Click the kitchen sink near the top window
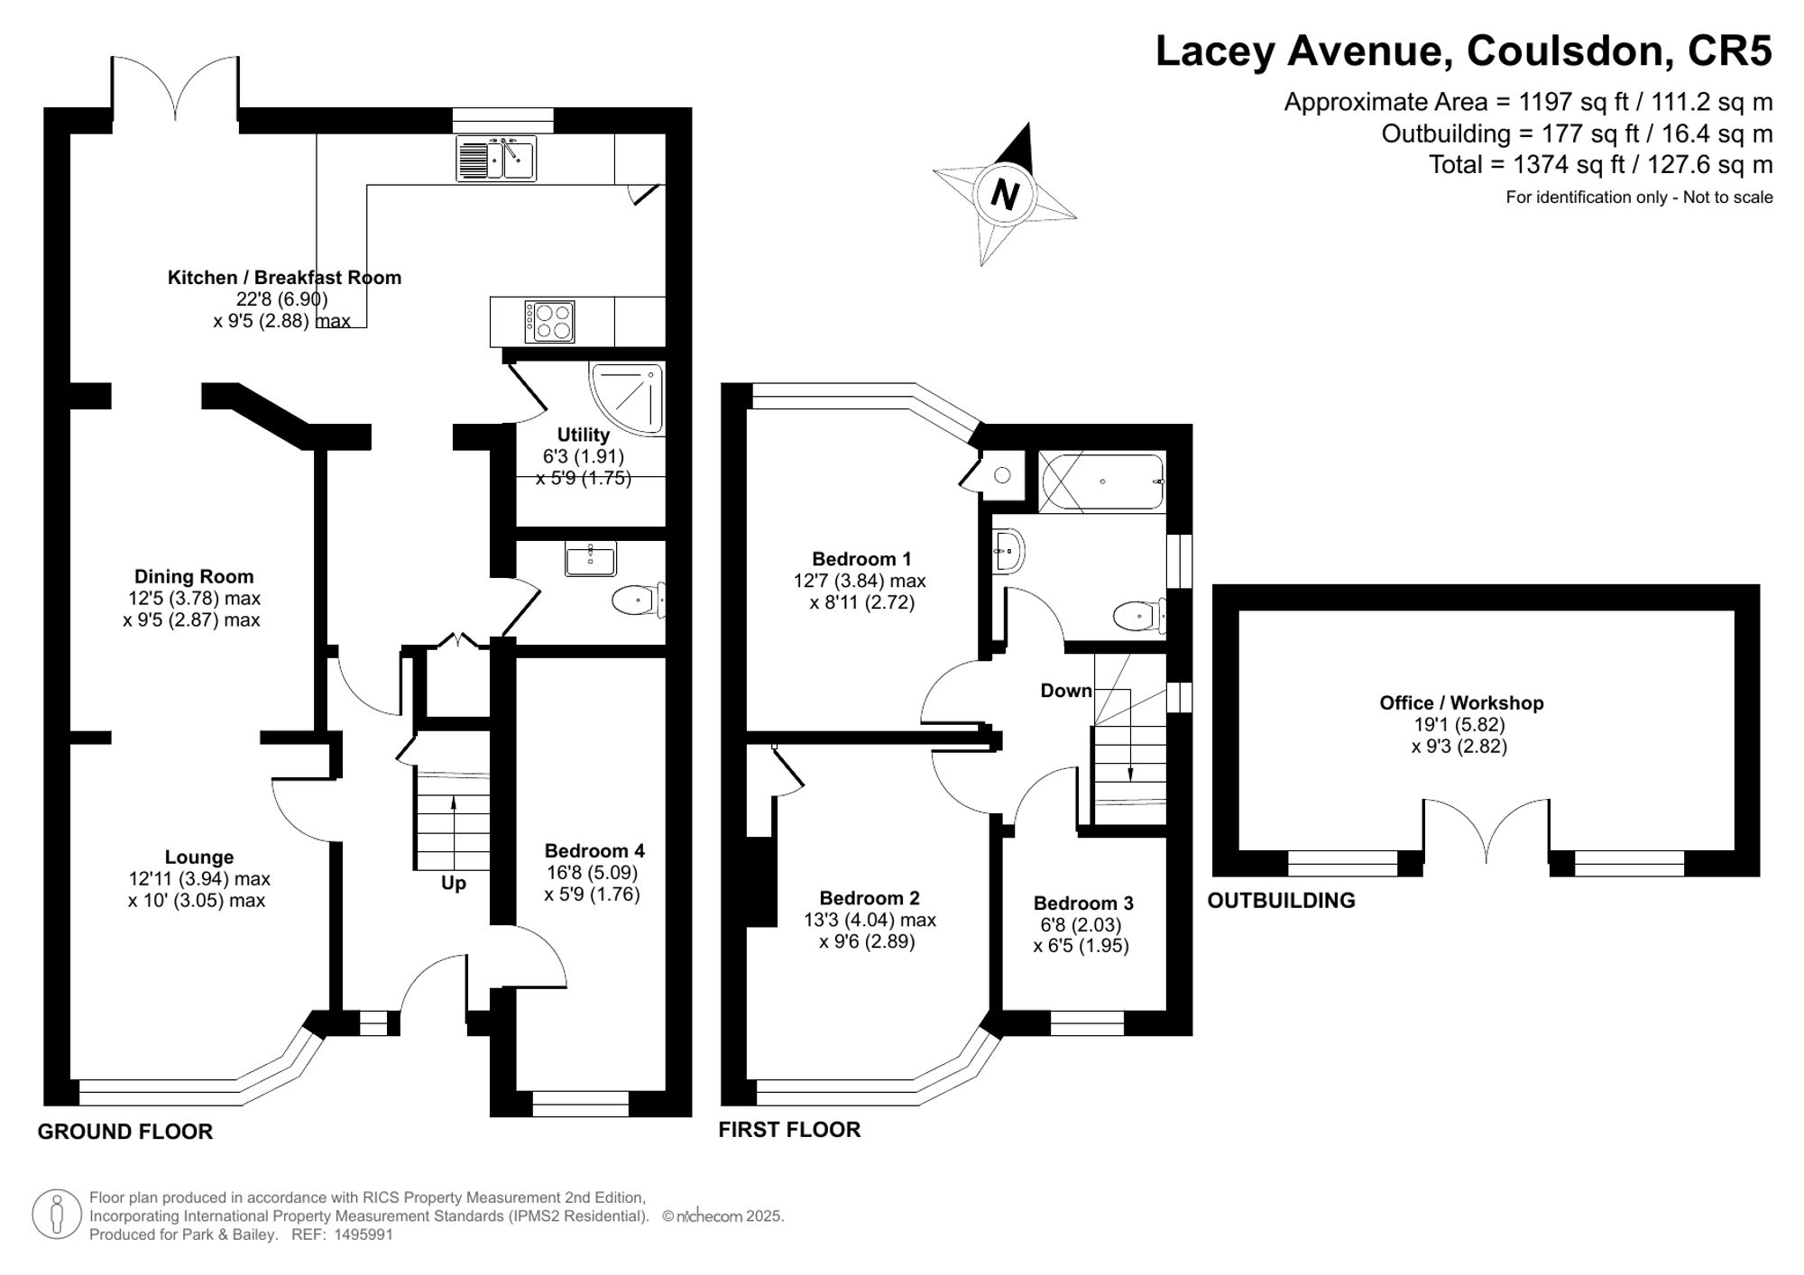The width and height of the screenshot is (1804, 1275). coord(496,158)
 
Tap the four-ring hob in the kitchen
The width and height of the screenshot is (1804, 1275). coord(550,321)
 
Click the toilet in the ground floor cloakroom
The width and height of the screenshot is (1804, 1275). coord(639,600)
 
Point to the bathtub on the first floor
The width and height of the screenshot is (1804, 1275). coord(1102,483)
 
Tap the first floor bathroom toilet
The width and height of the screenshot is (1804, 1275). coord(1139,617)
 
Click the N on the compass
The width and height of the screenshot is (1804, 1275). coord(1004,194)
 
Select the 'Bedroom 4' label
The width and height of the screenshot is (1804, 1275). coord(594,850)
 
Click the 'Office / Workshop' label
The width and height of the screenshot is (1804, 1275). coord(1461,702)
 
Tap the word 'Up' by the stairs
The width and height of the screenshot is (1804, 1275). coord(453,883)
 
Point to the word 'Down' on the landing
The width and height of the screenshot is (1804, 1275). coord(1066,691)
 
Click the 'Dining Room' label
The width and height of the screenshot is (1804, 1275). coord(194,576)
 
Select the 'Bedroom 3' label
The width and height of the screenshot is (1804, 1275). coord(1083,903)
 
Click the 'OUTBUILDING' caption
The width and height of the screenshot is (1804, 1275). coord(1281,900)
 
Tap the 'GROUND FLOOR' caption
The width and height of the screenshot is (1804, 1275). coord(125,1132)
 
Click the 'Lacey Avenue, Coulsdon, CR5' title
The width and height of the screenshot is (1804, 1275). coord(1464,50)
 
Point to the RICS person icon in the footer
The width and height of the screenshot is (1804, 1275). coord(56,1214)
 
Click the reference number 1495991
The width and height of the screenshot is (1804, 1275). coord(364,1234)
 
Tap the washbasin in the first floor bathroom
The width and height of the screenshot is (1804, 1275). coord(1008,550)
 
